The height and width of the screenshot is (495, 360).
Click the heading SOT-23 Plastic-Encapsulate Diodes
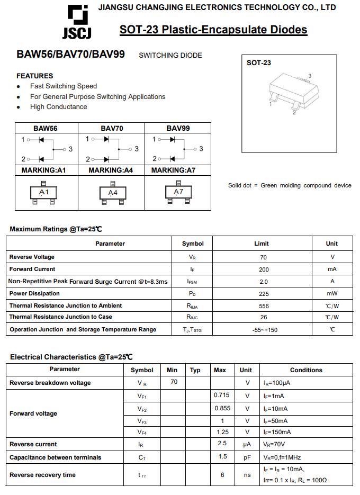pyautogui.click(x=213, y=30)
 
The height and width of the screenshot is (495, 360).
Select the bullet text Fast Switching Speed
pyautogui.click(x=64, y=86)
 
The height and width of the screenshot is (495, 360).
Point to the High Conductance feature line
pyautogui.click(x=58, y=106)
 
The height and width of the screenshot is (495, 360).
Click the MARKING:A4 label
pyautogui.click(x=111, y=170)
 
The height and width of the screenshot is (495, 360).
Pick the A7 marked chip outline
pyautogui.click(x=178, y=193)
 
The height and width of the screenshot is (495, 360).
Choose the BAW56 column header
pyautogui.click(x=46, y=128)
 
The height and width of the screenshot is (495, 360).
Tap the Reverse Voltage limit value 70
pyautogui.click(x=264, y=257)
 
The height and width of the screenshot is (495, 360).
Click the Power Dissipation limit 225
pyautogui.click(x=264, y=294)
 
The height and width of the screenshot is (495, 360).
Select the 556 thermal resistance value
pyautogui.click(x=264, y=306)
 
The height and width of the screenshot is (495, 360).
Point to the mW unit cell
pyautogui.click(x=332, y=294)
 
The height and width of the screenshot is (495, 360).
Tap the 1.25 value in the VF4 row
pyautogui.click(x=222, y=432)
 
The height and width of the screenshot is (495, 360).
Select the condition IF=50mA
pyautogui.click(x=276, y=421)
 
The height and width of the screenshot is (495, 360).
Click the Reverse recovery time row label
pyautogui.click(x=42, y=475)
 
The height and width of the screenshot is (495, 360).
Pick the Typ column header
pyautogui.click(x=195, y=370)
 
